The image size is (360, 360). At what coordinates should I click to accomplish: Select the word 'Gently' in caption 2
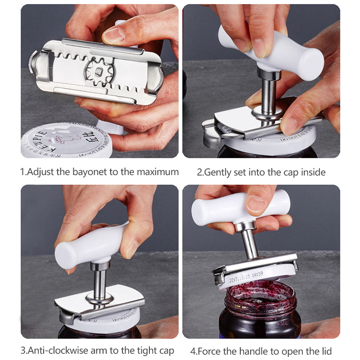(219, 172)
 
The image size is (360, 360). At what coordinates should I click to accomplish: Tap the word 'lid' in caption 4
(324, 351)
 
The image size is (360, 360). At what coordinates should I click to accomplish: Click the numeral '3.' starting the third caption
(24, 351)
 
